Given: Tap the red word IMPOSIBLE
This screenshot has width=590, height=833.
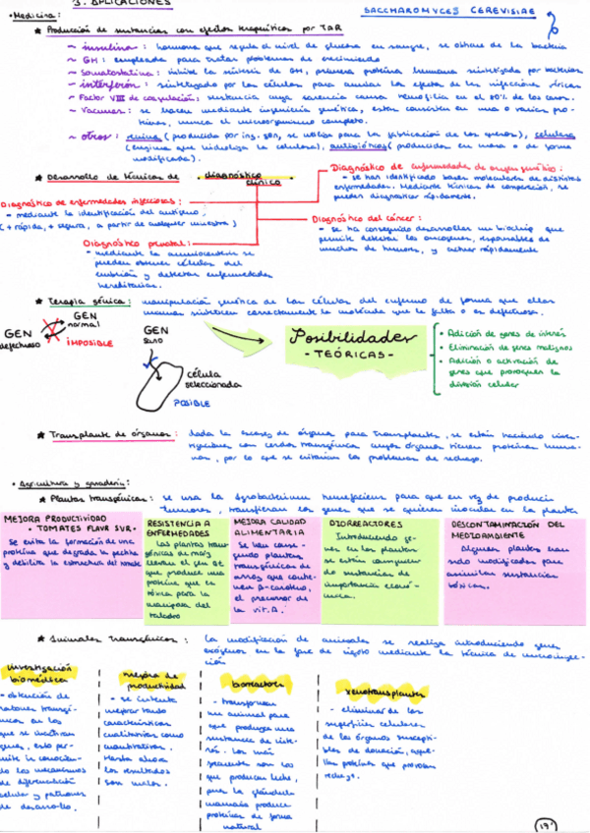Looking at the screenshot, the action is tap(87, 344).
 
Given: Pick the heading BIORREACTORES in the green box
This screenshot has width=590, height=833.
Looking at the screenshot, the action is tap(355, 525).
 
